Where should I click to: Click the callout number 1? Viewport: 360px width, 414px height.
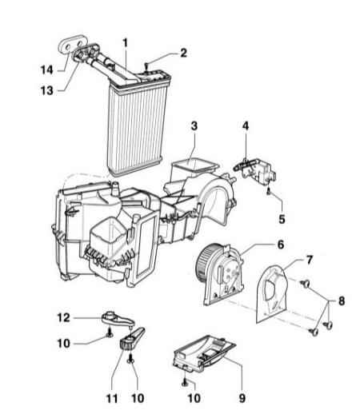[126, 43]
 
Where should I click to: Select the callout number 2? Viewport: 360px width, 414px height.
[183, 53]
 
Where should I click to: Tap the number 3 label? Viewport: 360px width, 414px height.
[194, 125]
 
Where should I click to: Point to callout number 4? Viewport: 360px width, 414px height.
[246, 125]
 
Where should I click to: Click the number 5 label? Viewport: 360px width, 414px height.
[282, 219]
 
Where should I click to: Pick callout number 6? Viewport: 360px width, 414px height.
[281, 245]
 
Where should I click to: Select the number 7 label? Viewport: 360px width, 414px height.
[309, 260]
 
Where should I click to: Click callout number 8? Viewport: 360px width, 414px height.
[342, 301]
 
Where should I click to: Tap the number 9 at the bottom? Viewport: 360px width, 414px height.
[242, 398]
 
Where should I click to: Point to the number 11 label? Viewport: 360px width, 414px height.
[112, 399]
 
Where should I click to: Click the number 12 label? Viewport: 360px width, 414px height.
[64, 317]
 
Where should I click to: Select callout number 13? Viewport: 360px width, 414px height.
[47, 90]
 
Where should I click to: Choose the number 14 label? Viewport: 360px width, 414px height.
[47, 70]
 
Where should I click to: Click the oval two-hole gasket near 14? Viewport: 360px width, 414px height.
[72, 43]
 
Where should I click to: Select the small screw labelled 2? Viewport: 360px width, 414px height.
[146, 66]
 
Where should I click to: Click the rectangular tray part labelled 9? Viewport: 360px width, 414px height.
[204, 352]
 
